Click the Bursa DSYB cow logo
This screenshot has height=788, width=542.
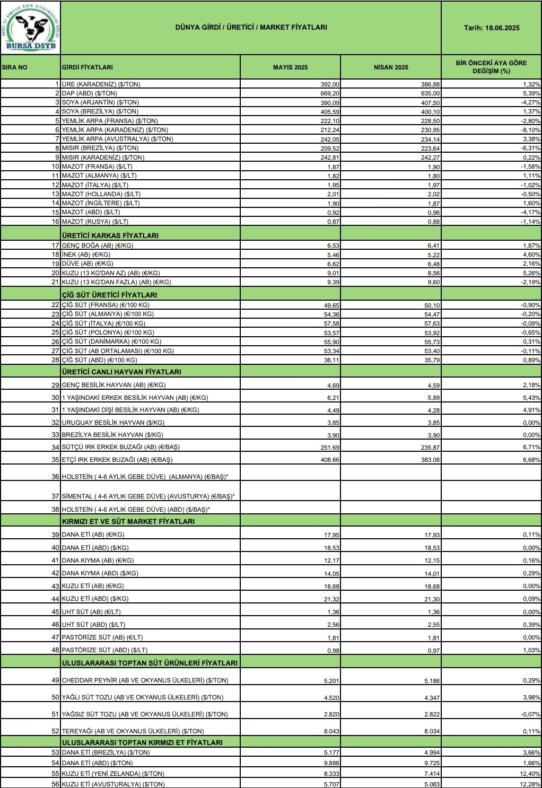30,28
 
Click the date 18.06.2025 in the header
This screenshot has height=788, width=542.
491,28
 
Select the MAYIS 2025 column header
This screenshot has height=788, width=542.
290,67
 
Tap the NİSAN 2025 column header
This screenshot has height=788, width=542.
391,67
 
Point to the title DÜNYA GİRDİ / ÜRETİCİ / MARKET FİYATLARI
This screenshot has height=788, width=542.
251,27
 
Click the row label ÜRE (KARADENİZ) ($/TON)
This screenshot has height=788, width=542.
101,84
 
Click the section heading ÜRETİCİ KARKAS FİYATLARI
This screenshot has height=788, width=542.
110,235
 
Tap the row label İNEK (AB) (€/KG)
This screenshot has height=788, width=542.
86,255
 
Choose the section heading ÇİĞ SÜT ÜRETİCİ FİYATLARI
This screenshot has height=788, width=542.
110,295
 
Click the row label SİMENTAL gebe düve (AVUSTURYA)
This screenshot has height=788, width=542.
148,496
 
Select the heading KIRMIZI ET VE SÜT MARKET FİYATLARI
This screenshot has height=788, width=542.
128,521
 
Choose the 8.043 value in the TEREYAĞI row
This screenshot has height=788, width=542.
329,731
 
